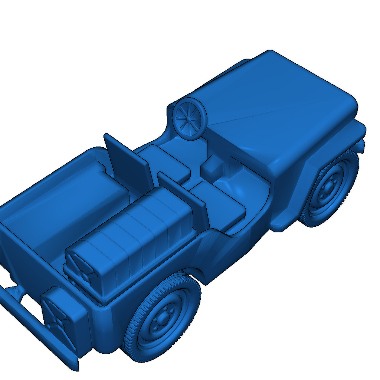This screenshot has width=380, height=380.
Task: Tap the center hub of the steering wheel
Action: [x=189, y=118]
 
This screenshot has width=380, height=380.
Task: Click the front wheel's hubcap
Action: [x=328, y=189]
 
